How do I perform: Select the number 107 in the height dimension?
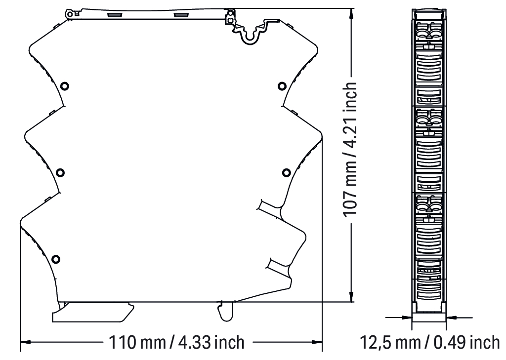350,204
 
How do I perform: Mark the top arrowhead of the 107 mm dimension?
351,13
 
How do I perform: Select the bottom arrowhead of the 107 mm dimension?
351,297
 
